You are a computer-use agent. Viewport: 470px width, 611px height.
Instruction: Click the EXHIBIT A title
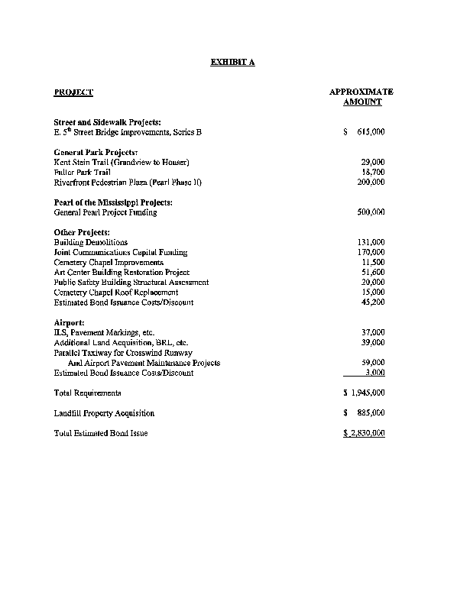click(x=232, y=62)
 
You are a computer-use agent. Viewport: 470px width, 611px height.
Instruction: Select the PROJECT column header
click(x=73, y=92)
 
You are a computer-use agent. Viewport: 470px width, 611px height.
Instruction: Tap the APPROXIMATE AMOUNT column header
click(x=361, y=97)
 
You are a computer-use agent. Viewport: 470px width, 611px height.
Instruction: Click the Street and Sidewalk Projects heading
click(x=107, y=122)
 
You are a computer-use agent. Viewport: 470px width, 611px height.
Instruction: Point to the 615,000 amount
click(x=370, y=132)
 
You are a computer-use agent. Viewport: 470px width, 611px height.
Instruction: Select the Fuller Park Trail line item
click(x=83, y=173)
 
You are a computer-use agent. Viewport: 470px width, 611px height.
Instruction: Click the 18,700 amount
click(x=372, y=173)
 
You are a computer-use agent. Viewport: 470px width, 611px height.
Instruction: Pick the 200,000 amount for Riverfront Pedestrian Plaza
click(x=371, y=183)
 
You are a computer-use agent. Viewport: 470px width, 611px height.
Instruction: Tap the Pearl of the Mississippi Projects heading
click(x=112, y=202)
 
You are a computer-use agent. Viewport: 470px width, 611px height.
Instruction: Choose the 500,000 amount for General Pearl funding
click(x=371, y=212)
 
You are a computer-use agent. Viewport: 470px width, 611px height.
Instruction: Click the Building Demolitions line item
click(x=91, y=242)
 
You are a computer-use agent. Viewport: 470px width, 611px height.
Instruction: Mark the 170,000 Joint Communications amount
click(x=371, y=252)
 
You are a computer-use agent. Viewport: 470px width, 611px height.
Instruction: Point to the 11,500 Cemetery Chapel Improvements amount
click(x=372, y=262)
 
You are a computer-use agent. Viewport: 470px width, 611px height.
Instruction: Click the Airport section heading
click(x=69, y=322)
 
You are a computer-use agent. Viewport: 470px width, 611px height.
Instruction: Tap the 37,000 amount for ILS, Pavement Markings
click(x=372, y=332)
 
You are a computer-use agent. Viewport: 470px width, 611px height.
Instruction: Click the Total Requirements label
click(x=87, y=393)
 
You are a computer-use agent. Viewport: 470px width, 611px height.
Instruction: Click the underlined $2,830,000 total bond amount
click(x=364, y=433)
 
